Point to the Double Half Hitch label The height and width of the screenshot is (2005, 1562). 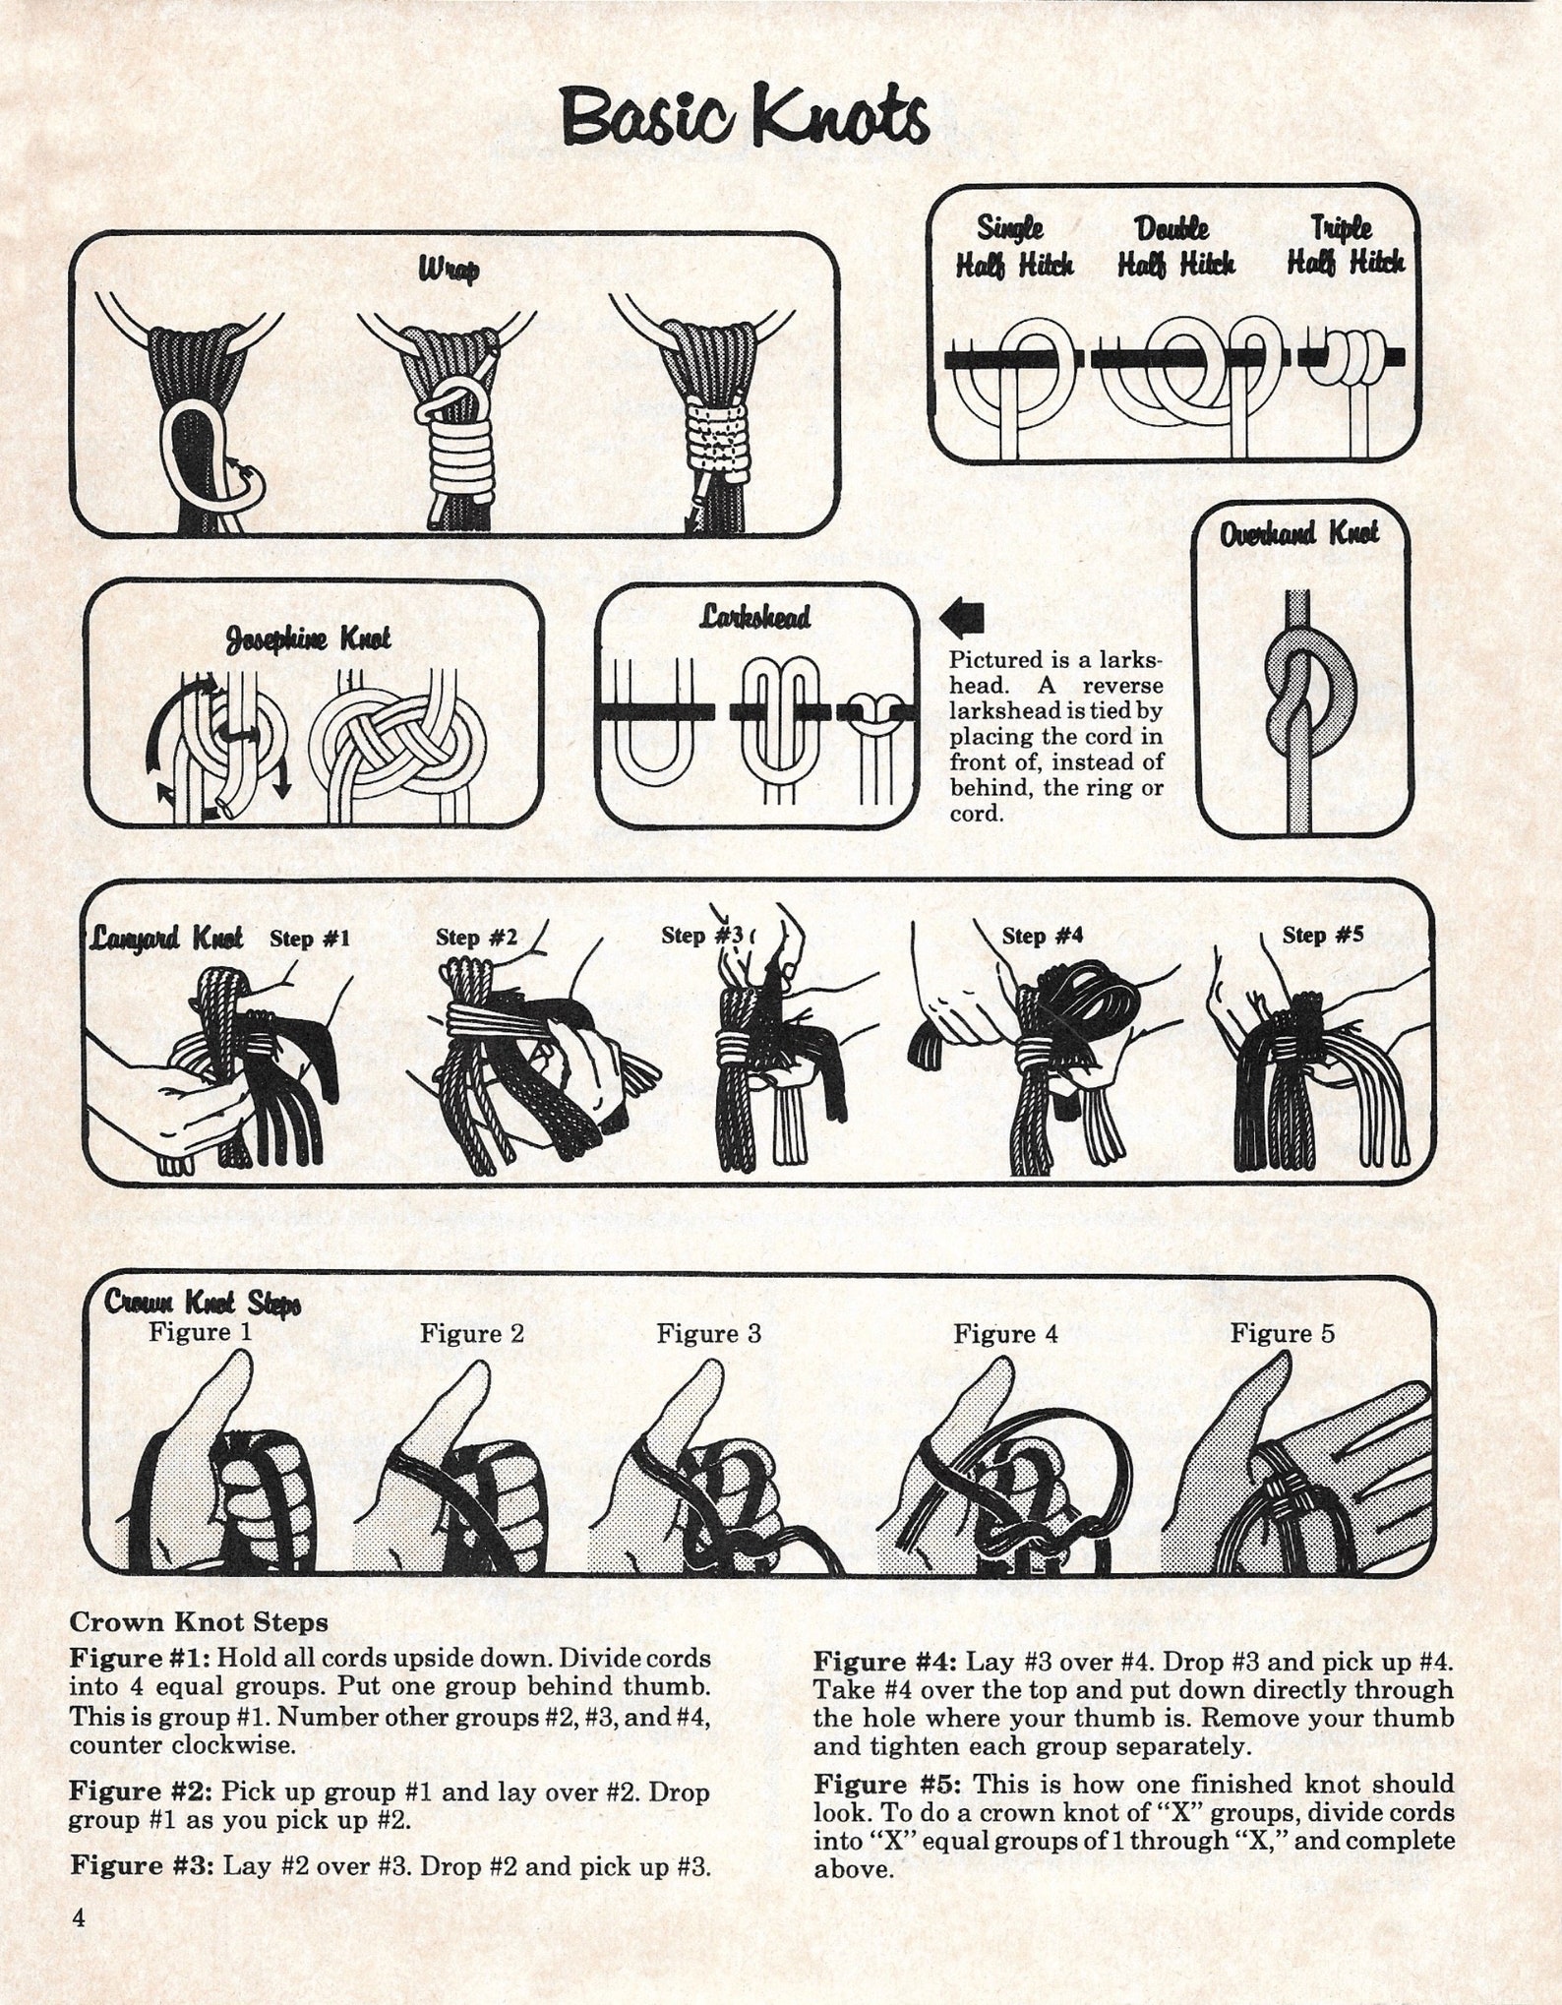coord(1175,246)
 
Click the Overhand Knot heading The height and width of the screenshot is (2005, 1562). coord(1298,534)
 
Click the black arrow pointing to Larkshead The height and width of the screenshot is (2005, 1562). coord(961,618)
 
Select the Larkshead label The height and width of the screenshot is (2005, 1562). coord(755,617)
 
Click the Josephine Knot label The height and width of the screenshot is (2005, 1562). coord(308,638)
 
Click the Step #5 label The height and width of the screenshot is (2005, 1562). coord(1322,935)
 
